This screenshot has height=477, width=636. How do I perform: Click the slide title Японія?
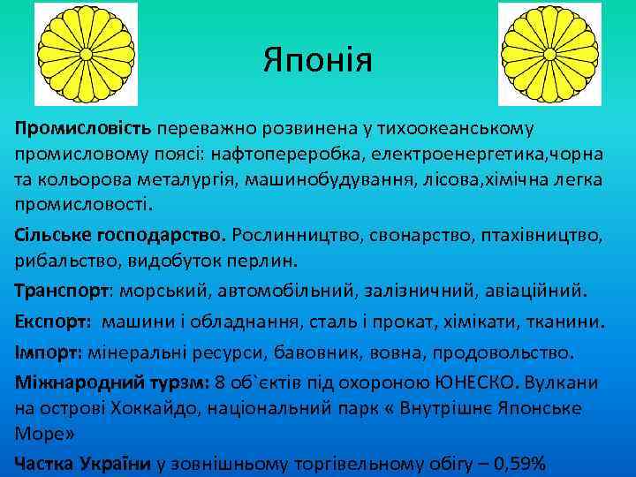point(318,61)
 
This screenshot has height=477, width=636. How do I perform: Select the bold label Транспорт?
point(62,291)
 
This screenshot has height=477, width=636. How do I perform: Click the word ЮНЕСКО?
point(478,383)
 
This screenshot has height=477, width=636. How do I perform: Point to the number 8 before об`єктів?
point(221,383)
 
